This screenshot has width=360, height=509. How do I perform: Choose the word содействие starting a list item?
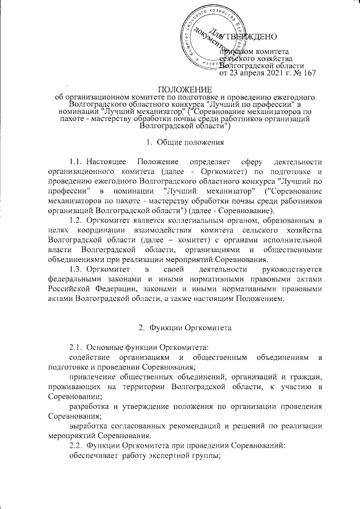[90, 357]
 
